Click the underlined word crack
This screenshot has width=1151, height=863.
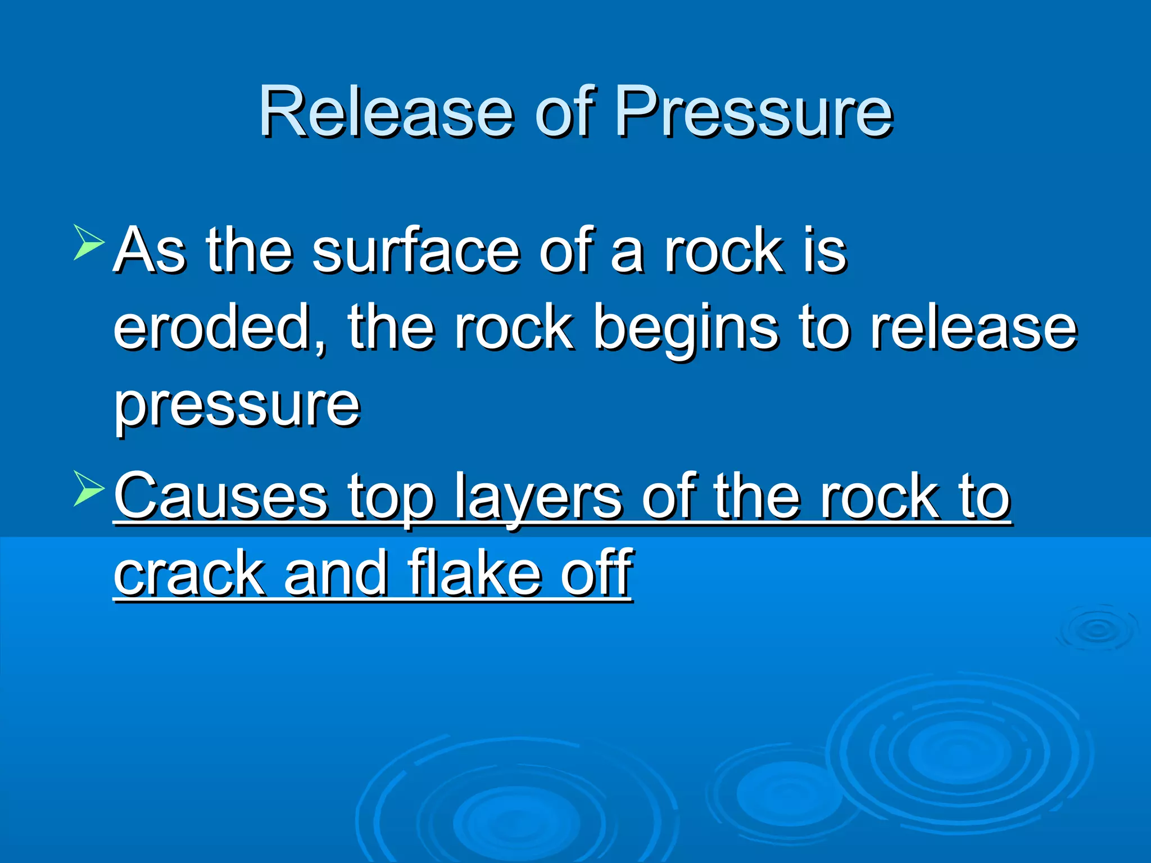[189, 574]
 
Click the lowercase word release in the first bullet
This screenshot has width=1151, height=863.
[972, 328]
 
